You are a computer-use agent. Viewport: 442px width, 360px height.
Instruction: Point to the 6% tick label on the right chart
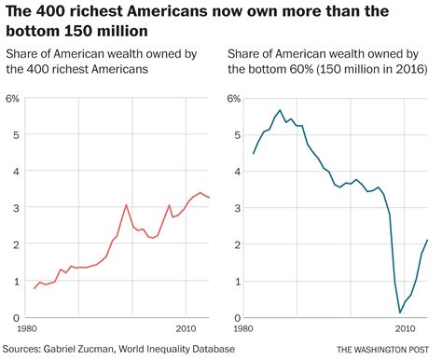pos(233,98)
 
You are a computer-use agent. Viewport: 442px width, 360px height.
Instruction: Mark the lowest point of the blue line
pos(400,312)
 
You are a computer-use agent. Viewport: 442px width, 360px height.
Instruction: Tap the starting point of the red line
pos(35,288)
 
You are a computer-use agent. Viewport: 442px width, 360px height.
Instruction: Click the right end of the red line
pos(210,198)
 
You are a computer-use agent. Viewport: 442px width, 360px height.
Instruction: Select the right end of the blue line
pos(428,240)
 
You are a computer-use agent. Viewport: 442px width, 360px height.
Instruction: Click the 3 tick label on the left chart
pos(16,208)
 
